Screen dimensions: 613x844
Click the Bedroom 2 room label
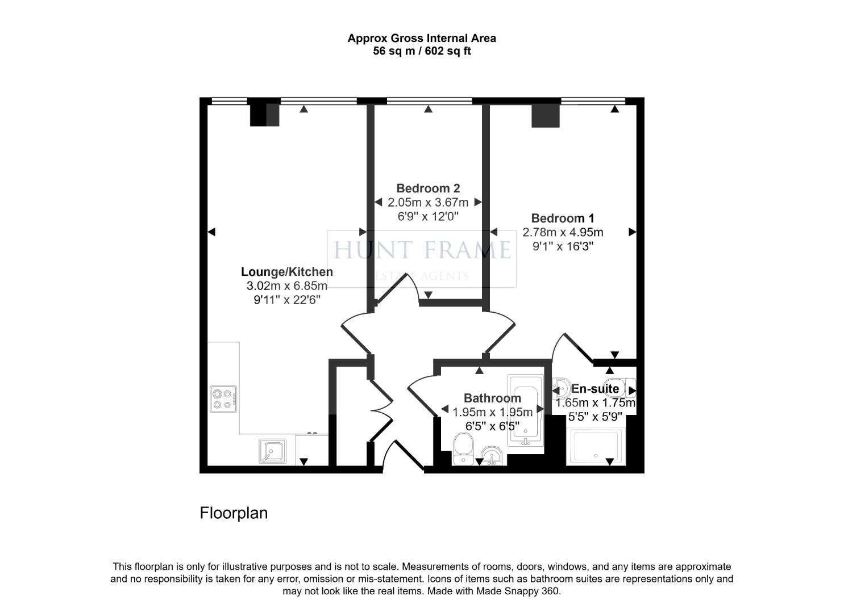[428, 188]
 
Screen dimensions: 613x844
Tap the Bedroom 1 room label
[563, 218]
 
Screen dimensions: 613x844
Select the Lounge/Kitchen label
[287, 272]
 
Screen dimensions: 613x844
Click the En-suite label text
[595, 389]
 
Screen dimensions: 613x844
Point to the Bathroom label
[492, 398]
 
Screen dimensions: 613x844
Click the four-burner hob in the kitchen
[223, 398]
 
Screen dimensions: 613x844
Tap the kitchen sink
[273, 451]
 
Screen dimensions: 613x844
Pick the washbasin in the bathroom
[492, 455]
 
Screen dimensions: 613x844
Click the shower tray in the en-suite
[596, 447]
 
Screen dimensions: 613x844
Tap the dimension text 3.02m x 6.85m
[287, 286]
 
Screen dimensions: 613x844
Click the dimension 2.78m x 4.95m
[563, 232]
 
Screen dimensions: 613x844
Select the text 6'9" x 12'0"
[428, 216]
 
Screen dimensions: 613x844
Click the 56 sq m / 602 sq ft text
[422, 51]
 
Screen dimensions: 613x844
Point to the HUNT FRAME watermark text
[422, 250]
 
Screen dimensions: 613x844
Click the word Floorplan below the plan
[234, 513]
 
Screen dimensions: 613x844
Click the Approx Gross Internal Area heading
[422, 38]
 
